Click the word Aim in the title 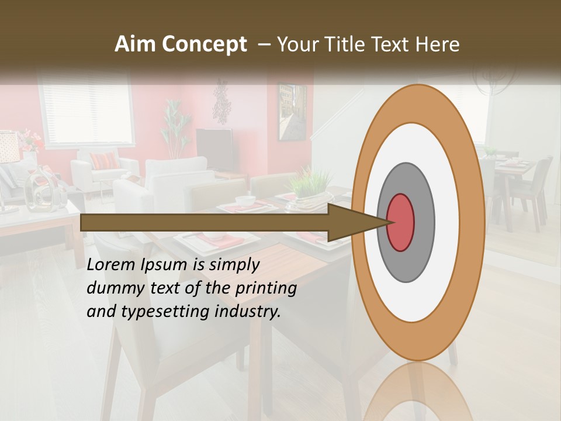click(136, 44)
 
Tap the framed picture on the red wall click(292, 112)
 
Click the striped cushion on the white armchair click(103, 161)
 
